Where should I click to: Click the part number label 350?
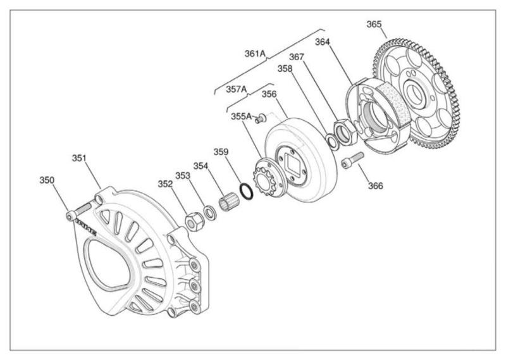[x=47, y=180]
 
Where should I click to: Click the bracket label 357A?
[x=237, y=89]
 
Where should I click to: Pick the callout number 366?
[x=376, y=186]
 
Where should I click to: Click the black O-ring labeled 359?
[x=248, y=189]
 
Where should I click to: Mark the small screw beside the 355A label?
[x=259, y=120]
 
